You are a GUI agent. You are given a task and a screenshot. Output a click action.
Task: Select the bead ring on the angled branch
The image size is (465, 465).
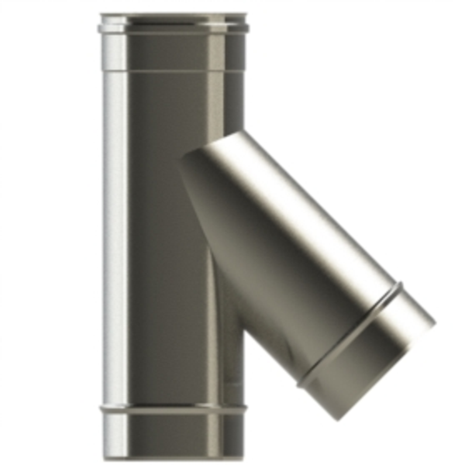click(353, 333)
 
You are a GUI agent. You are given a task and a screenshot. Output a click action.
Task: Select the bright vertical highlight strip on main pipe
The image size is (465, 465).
click(116, 232)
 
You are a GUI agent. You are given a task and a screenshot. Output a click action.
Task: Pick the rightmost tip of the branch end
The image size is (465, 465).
click(435, 319)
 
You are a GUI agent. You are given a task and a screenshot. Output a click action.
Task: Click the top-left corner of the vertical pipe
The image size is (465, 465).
click(102, 14)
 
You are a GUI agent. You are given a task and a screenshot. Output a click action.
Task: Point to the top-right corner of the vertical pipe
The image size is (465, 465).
click(246, 14)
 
